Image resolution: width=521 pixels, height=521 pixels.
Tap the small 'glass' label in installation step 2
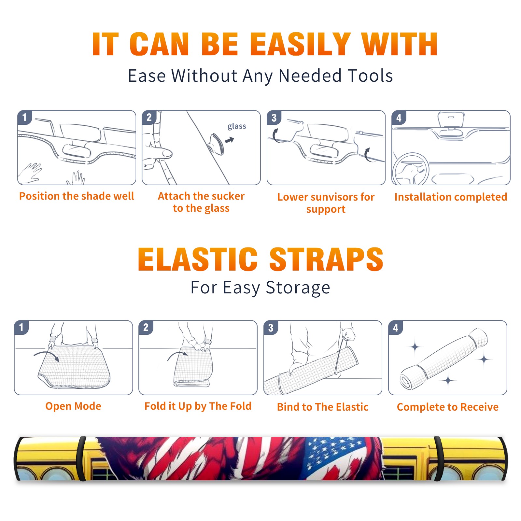click(x=237, y=126)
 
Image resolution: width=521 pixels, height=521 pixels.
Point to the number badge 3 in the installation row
click(x=274, y=118)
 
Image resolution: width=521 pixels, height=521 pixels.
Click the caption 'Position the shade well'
click(x=77, y=196)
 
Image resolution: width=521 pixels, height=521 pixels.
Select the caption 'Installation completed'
click(x=451, y=197)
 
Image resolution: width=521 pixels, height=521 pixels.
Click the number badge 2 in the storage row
click(x=146, y=327)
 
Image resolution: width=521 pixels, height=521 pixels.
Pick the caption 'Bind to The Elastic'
click(x=322, y=407)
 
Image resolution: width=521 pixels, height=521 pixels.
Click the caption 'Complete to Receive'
click(x=448, y=407)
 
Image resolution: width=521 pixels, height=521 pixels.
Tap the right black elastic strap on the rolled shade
click(x=439, y=458)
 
